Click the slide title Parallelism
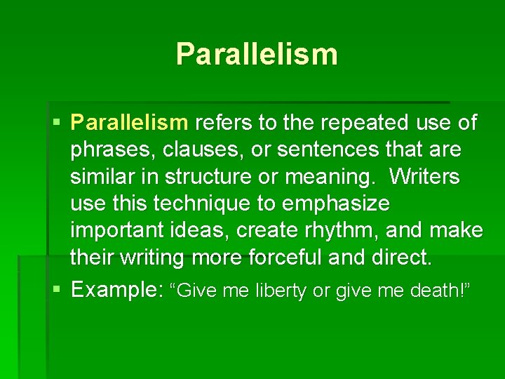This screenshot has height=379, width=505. pyautogui.click(x=257, y=53)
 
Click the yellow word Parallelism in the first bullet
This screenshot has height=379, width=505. pyautogui.click(x=130, y=123)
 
